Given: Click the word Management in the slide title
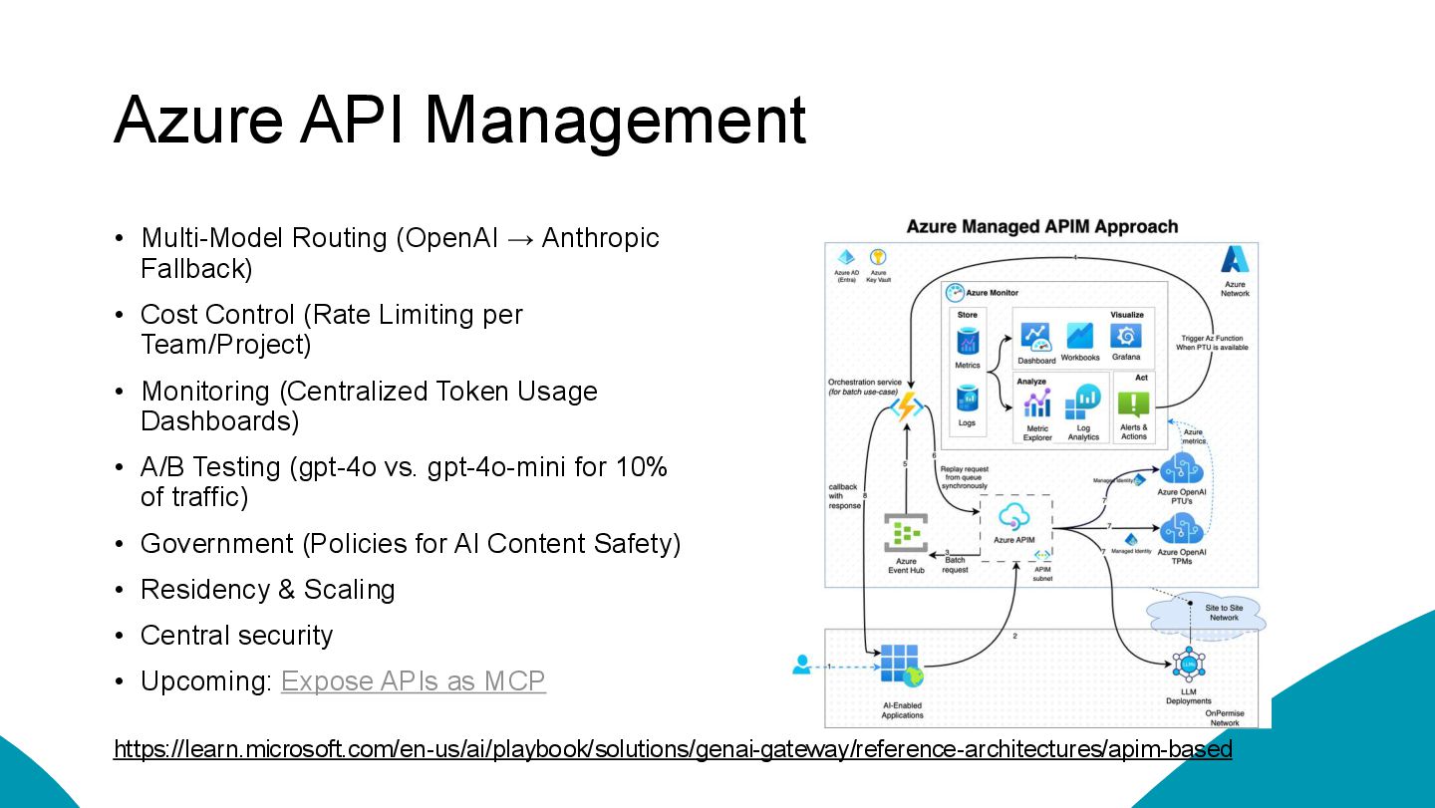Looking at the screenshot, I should (x=615, y=121).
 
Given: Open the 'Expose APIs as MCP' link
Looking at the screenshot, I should (x=414, y=681).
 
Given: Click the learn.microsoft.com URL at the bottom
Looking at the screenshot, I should (x=673, y=749).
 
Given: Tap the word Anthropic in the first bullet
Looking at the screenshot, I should (x=600, y=238).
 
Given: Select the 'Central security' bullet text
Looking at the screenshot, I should (x=237, y=636).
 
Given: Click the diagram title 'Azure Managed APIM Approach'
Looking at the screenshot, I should (x=1041, y=227).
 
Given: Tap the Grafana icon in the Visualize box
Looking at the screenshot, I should (x=1126, y=337).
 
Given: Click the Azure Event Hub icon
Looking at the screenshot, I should (x=906, y=534).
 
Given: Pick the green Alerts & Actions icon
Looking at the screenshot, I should (x=1133, y=404).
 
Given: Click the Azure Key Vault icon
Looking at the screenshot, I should (x=878, y=258).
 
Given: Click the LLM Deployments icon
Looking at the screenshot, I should (x=1188, y=664).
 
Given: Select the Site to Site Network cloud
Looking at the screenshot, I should (x=1207, y=615).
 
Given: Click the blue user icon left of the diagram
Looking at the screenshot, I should (x=802, y=665).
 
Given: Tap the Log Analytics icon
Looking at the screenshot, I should (x=1083, y=404).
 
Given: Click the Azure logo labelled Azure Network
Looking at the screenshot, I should (x=1236, y=261).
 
